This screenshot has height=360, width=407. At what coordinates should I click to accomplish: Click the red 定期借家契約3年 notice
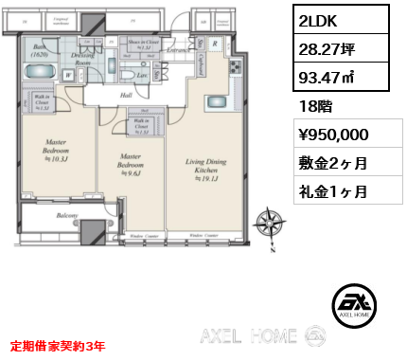click(x=59, y=347)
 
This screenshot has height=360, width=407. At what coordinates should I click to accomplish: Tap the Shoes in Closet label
click(x=146, y=45)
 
